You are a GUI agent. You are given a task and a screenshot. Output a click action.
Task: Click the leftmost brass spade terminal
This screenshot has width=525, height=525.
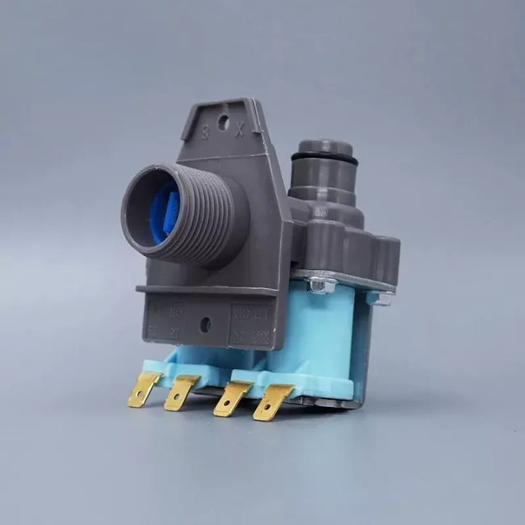click(144, 389)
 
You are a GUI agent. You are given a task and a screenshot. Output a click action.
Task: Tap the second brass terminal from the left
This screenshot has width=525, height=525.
click(180, 393)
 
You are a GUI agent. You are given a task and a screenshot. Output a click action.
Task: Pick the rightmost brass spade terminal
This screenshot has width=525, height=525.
click(271, 402)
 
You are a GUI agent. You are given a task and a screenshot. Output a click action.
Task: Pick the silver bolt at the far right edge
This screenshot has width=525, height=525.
click(380, 297)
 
